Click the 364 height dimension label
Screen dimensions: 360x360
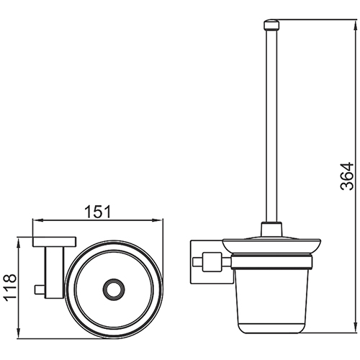(347, 176)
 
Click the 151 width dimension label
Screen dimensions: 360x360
(98, 212)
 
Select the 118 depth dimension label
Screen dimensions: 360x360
(10, 287)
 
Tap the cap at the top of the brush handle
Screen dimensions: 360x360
(271, 25)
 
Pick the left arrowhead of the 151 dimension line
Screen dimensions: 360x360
(37, 220)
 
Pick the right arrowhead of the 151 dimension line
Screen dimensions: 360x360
(158, 220)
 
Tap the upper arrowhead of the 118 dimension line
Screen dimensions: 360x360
(19, 242)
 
